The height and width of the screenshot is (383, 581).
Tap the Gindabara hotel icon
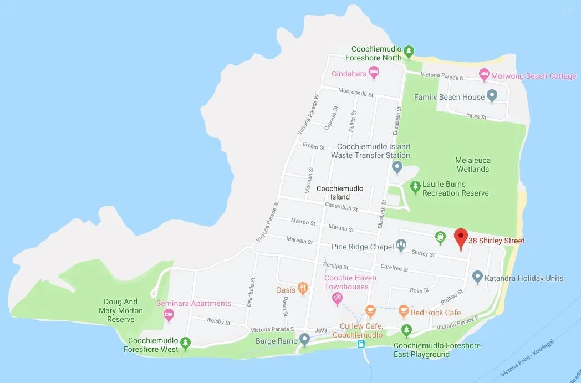(x=374, y=72)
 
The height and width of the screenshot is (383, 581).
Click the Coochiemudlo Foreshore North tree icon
(x=409, y=52)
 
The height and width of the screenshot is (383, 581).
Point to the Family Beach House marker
(x=491, y=96)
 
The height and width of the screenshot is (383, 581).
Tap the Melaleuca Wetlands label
(x=473, y=165)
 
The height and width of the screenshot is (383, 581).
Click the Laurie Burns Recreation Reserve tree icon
(x=415, y=187)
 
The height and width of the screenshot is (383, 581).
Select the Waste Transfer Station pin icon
(x=397, y=166)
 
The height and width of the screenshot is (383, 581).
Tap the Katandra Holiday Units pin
(x=477, y=277)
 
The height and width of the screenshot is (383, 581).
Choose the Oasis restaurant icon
(x=303, y=288)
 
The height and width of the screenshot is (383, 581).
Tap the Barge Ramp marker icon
(x=304, y=339)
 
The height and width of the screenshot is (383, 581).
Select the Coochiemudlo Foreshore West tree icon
(x=186, y=343)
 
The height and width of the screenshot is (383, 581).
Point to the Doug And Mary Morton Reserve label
(x=121, y=310)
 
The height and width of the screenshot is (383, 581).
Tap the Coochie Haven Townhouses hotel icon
(x=336, y=300)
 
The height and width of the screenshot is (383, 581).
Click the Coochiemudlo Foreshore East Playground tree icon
(x=407, y=331)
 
